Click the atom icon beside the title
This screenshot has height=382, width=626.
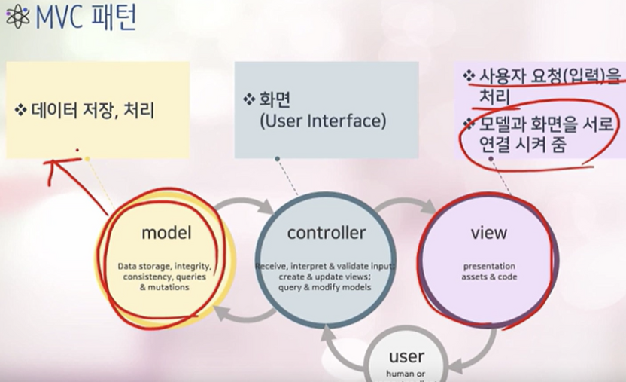click(x=16, y=19)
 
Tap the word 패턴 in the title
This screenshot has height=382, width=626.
click(x=112, y=18)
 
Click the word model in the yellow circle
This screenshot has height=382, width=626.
click(x=166, y=233)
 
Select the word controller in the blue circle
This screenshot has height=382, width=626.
click(x=326, y=233)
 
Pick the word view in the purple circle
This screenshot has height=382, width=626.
click(x=488, y=233)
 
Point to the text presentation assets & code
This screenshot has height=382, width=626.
click(x=488, y=271)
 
